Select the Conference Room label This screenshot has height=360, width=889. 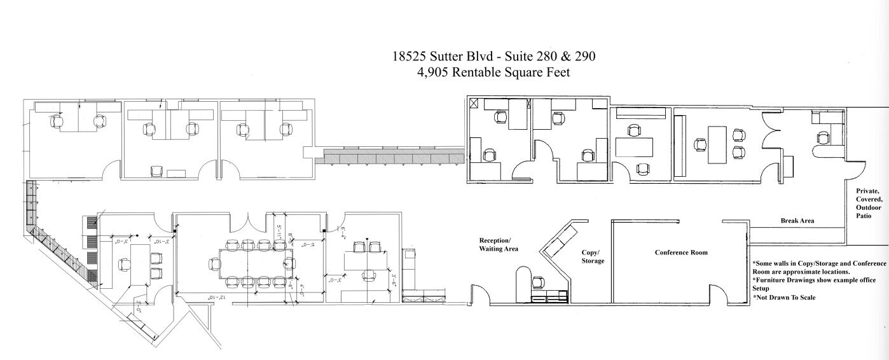(x=681, y=253)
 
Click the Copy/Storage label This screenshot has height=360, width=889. (x=592, y=256)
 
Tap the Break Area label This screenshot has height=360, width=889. (x=797, y=221)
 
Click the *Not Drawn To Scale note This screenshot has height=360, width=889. (x=785, y=297)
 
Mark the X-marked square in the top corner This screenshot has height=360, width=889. (x=474, y=102)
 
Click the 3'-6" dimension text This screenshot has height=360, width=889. (x=395, y=280)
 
